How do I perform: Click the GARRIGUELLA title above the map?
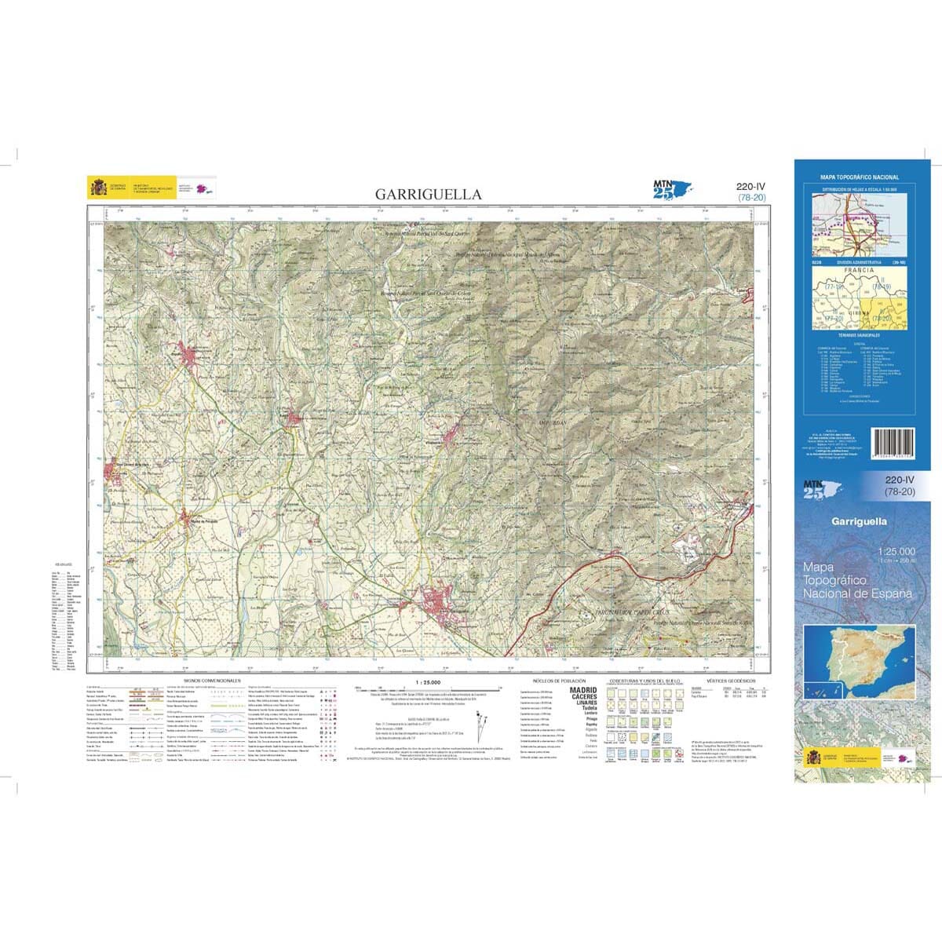click(x=428, y=194)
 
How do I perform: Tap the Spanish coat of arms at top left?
click(x=99, y=188)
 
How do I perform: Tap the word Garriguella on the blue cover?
click(x=859, y=521)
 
